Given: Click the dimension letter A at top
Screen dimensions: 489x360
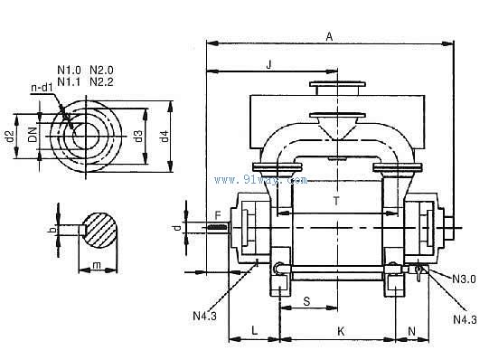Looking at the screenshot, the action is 329,37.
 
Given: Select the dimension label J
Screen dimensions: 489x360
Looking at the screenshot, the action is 269,64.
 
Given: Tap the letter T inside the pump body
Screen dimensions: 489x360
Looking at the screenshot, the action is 336,201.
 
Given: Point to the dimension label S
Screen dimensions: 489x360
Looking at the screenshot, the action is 307,301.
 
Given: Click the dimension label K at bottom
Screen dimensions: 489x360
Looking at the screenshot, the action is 341,331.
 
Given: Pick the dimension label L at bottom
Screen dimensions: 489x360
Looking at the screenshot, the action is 255,330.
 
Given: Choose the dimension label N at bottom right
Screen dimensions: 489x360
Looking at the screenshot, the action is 411,331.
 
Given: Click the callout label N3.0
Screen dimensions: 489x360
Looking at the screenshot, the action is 465,279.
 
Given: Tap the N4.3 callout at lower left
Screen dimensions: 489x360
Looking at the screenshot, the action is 204,316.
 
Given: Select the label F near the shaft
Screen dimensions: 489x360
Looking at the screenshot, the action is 218,215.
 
